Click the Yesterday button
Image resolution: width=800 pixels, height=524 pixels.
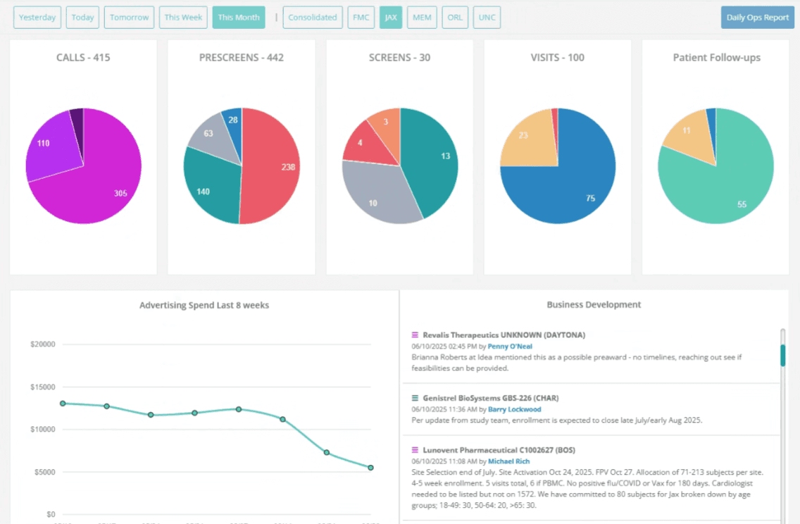(37, 18)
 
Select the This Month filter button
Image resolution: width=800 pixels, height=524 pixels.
(239, 18)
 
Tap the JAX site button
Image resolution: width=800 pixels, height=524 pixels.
(391, 18)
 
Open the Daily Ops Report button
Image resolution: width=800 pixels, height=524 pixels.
(758, 18)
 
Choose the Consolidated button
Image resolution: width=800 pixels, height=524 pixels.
(312, 18)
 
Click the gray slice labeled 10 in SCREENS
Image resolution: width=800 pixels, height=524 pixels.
(377, 196)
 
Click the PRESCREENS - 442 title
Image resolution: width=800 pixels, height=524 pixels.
(242, 58)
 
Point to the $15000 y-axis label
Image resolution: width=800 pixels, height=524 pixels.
(43, 387)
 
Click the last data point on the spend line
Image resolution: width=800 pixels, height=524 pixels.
(371, 468)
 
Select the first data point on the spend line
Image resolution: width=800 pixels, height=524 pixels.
(63, 404)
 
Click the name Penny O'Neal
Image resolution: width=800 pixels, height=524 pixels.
(510, 346)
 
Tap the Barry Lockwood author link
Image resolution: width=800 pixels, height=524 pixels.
(514, 409)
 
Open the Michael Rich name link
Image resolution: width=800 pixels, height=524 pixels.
(508, 461)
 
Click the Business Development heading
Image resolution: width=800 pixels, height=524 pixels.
(594, 304)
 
